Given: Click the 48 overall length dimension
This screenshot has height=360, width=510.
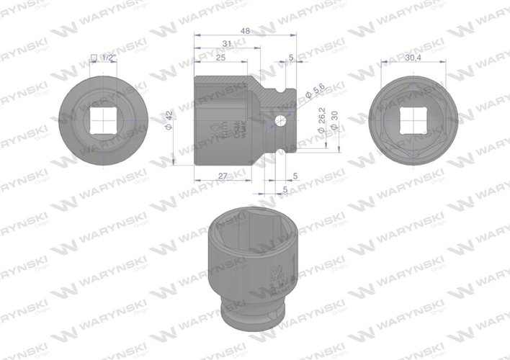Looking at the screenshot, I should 245,32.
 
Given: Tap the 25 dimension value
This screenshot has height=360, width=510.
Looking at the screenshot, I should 220,57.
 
